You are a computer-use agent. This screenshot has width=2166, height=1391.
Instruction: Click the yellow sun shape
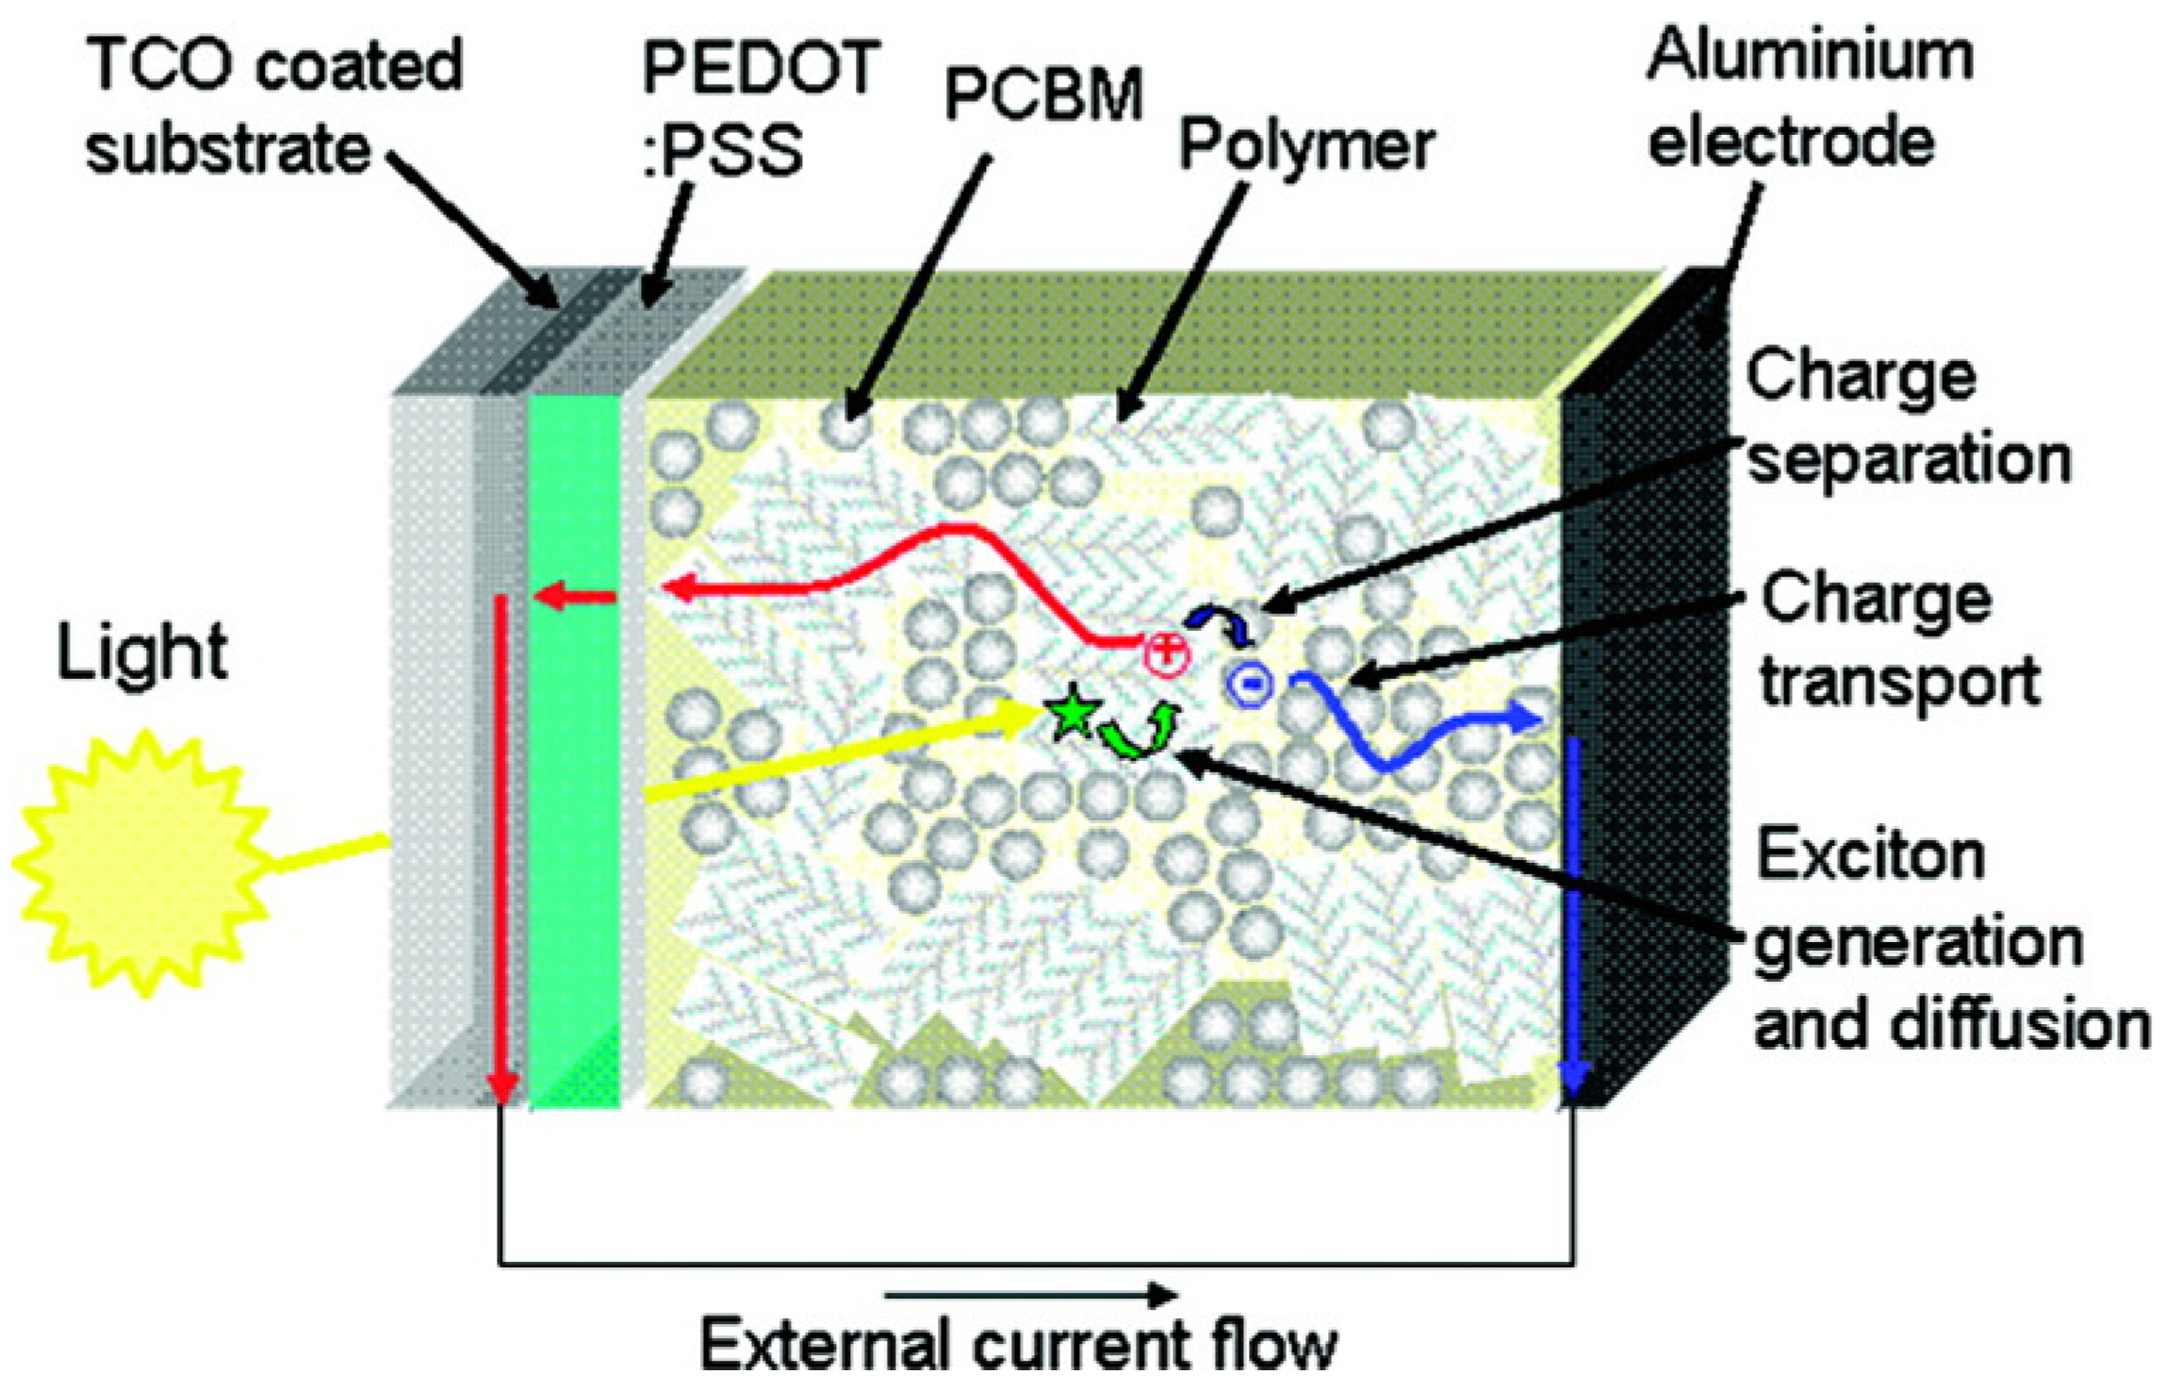coord(141,862)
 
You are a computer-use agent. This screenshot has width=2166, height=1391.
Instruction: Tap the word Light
coord(141,652)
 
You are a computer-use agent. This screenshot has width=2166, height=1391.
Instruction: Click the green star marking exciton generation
coord(1071,716)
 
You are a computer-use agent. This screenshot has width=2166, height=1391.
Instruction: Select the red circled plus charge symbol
coord(1167,652)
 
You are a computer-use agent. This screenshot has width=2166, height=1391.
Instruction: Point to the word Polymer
coord(1306,146)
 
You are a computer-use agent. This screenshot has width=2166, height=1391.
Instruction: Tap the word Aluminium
coord(1810,55)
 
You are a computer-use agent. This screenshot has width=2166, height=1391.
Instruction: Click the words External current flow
coord(1018,1343)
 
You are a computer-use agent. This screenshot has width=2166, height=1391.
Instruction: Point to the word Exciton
coord(1871,856)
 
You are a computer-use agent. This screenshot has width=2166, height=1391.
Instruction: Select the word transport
coord(1899,682)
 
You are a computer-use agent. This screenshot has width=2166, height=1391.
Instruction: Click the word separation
coord(1909,460)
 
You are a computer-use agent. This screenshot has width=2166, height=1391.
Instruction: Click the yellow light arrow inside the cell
coord(839,754)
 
